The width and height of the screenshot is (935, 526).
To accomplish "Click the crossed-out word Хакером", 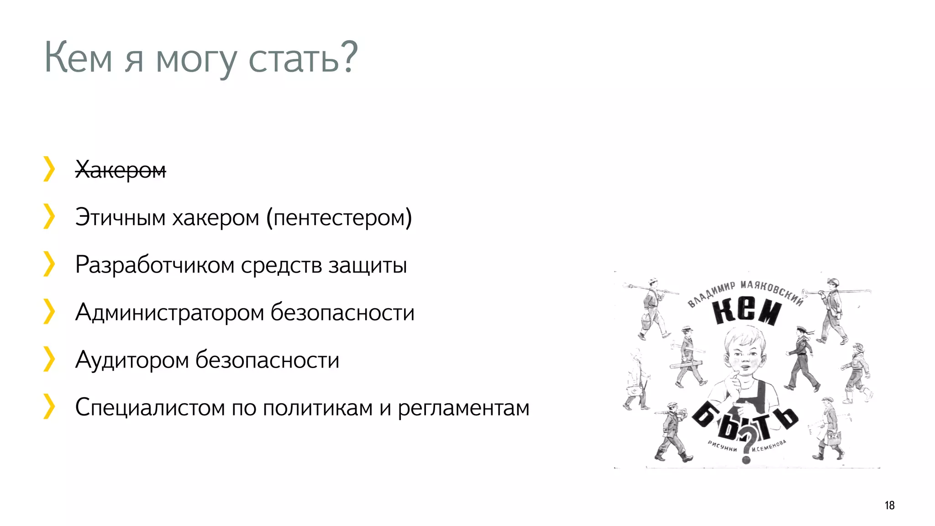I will [121, 170].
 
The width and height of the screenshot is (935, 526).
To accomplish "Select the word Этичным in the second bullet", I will [120, 217].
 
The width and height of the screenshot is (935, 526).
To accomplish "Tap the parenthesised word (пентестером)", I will [339, 217].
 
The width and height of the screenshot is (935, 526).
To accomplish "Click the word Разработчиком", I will [155, 265].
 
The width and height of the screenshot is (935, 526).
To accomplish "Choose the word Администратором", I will [169, 312].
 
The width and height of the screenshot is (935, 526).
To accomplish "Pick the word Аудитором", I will [132, 360].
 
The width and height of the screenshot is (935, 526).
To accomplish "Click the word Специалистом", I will [150, 407].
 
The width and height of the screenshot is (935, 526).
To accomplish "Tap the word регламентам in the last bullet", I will [463, 408].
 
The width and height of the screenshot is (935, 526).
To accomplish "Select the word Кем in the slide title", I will [78, 58].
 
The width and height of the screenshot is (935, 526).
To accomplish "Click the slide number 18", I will [889, 505].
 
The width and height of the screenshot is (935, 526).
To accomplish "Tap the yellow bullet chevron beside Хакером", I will [49, 169].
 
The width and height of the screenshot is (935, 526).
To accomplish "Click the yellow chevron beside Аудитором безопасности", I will [49, 359].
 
